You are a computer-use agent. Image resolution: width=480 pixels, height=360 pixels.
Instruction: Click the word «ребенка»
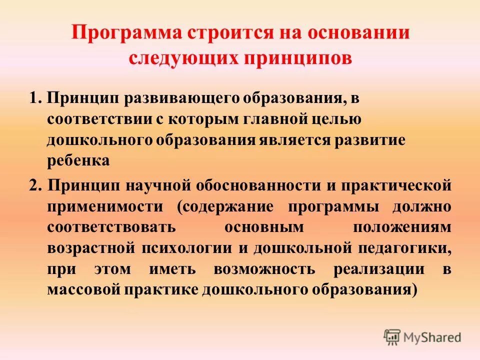tap(78, 160)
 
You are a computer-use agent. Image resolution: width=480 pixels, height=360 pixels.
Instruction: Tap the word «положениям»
tap(402, 227)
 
